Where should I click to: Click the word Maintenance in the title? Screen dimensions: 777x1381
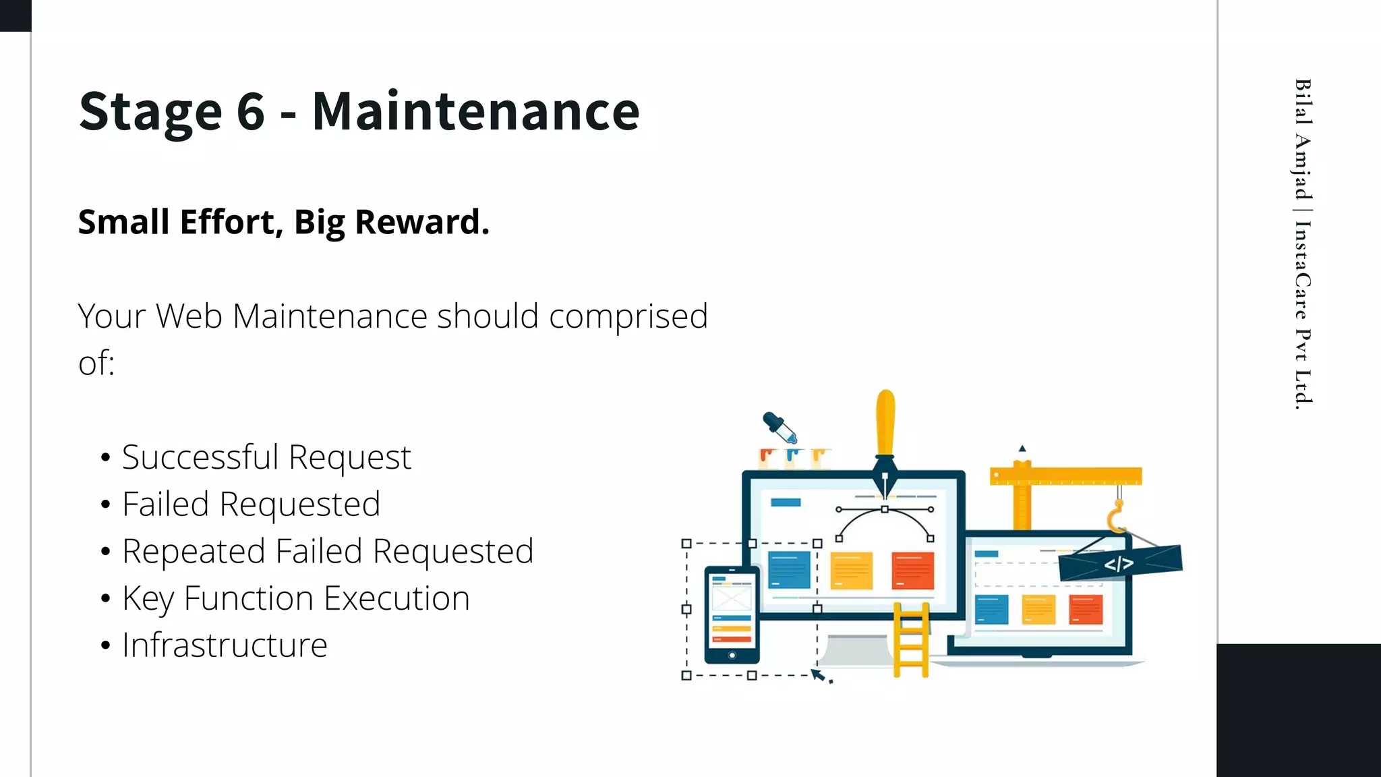[475, 111]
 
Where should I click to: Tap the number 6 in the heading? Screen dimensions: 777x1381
[251, 111]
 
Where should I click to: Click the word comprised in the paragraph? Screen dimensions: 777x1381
[628, 316]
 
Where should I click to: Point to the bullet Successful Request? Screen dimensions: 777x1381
[266, 457]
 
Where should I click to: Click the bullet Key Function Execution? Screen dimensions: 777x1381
[295, 598]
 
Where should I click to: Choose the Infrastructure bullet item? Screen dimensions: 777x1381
[225, 645]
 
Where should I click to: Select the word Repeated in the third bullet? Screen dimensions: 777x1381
[194, 552]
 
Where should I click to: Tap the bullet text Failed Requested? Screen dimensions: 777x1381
[251, 505]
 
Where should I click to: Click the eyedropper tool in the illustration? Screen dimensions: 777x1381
[780, 428]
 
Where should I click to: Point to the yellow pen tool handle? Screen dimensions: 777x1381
[885, 422]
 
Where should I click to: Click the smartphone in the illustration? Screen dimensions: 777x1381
[732, 614]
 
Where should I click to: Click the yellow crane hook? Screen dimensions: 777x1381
[1117, 517]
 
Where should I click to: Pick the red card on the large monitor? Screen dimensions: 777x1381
[913, 571]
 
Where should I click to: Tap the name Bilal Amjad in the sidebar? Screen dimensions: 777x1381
[1303, 139]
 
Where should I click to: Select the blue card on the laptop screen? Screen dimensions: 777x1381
[992, 610]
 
